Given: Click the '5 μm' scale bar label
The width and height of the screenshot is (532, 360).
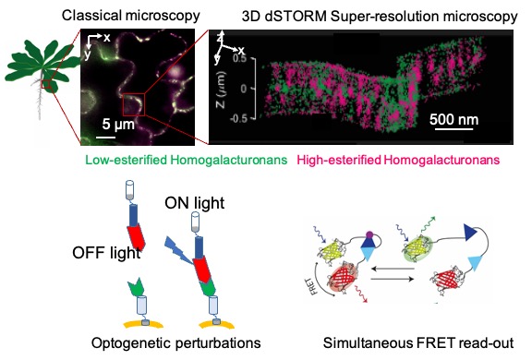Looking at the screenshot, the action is [x=118, y=125].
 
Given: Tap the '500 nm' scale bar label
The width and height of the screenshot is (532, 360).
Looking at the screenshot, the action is [x=454, y=119].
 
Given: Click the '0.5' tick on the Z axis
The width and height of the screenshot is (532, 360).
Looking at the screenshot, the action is [x=239, y=58].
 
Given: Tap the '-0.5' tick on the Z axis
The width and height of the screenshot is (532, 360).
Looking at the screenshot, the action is [x=238, y=119].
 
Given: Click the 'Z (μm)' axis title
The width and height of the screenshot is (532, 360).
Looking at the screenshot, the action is [x=221, y=90].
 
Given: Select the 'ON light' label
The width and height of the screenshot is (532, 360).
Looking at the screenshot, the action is [x=194, y=203].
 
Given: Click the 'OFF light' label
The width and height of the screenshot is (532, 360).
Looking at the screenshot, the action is [x=106, y=253].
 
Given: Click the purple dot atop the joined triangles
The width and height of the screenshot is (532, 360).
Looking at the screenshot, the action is [x=369, y=234].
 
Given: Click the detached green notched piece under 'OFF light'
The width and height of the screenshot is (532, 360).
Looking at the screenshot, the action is [x=137, y=287].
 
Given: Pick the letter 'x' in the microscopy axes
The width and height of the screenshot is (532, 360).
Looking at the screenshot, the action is [x=107, y=37].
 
